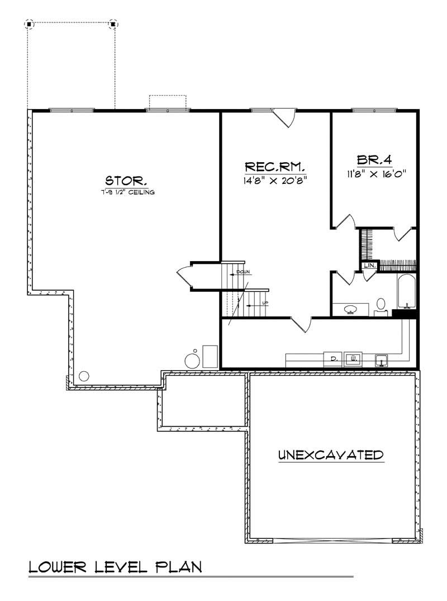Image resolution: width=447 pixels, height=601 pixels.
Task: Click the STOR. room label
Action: point(126,181)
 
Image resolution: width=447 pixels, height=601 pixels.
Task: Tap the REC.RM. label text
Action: point(275,167)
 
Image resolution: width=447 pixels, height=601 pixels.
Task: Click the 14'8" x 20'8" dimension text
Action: point(275,181)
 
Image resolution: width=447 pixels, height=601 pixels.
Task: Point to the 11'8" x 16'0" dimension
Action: point(375,173)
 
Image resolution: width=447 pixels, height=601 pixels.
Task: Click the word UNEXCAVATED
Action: point(331,455)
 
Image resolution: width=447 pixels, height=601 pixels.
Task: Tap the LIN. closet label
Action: point(370,266)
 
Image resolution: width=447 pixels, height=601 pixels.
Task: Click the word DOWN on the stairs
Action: point(243,272)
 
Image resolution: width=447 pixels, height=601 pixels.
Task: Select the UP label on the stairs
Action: point(265,304)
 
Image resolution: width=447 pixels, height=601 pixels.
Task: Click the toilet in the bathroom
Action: point(381,305)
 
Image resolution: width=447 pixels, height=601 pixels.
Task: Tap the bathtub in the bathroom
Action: point(406,291)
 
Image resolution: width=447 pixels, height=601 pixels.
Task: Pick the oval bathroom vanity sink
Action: point(351,309)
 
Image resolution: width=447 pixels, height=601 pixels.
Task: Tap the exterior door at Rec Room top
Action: point(287,119)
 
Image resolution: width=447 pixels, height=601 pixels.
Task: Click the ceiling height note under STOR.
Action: point(126,192)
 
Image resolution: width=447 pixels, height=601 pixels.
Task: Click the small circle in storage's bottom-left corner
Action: point(84,376)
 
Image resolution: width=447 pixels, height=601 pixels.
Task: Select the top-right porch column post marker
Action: point(113,24)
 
